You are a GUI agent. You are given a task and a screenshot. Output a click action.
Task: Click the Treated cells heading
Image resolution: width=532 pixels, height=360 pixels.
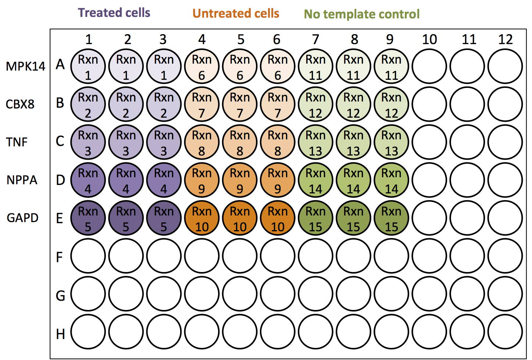coord(114,13)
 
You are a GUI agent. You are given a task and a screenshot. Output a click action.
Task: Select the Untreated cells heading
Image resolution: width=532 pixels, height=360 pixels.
coord(236,14)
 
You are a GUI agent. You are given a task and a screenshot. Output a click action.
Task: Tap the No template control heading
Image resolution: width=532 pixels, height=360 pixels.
coord(361,14)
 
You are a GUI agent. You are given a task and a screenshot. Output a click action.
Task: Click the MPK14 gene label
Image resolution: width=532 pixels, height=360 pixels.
coord(25,67)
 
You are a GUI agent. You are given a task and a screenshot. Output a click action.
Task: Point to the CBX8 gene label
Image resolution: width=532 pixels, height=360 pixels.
coord(20,104)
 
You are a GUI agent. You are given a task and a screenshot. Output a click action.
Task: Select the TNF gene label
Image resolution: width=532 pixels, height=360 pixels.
coord(17,142)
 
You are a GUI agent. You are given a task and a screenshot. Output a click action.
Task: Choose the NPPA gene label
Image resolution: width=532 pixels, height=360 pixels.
coord(22,180)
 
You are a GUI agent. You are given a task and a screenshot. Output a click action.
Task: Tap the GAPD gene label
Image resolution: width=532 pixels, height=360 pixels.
coord(22,218)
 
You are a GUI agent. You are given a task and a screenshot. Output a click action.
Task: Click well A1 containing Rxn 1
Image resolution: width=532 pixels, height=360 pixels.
coord(88,67)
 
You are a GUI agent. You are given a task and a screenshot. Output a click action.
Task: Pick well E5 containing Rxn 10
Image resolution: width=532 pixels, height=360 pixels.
coord(240,218)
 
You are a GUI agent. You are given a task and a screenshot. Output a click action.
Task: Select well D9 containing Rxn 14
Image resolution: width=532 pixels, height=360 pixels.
coord(391,181)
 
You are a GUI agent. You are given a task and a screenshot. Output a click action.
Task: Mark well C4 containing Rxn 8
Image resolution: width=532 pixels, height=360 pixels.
coord(202,142)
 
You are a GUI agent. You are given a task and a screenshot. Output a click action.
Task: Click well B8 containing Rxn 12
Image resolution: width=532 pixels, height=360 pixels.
coord(353,104)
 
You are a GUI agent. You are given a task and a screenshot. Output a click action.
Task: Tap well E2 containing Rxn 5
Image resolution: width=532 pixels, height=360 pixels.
coord(126,218)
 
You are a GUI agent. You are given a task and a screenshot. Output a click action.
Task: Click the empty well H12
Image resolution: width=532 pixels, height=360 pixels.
coord(505,332)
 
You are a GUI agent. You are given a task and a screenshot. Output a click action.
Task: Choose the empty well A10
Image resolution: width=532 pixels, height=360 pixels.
coord(429,67)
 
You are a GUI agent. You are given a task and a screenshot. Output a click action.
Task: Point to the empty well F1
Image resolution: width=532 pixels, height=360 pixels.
coord(88,256)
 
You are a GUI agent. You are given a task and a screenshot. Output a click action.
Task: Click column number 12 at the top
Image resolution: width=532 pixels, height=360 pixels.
coord(505,39)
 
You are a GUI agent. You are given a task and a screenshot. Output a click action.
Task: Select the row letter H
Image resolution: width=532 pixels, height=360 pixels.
coord(60,334)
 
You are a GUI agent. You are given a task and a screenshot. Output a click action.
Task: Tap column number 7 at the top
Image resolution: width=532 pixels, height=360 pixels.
coord(315,39)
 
